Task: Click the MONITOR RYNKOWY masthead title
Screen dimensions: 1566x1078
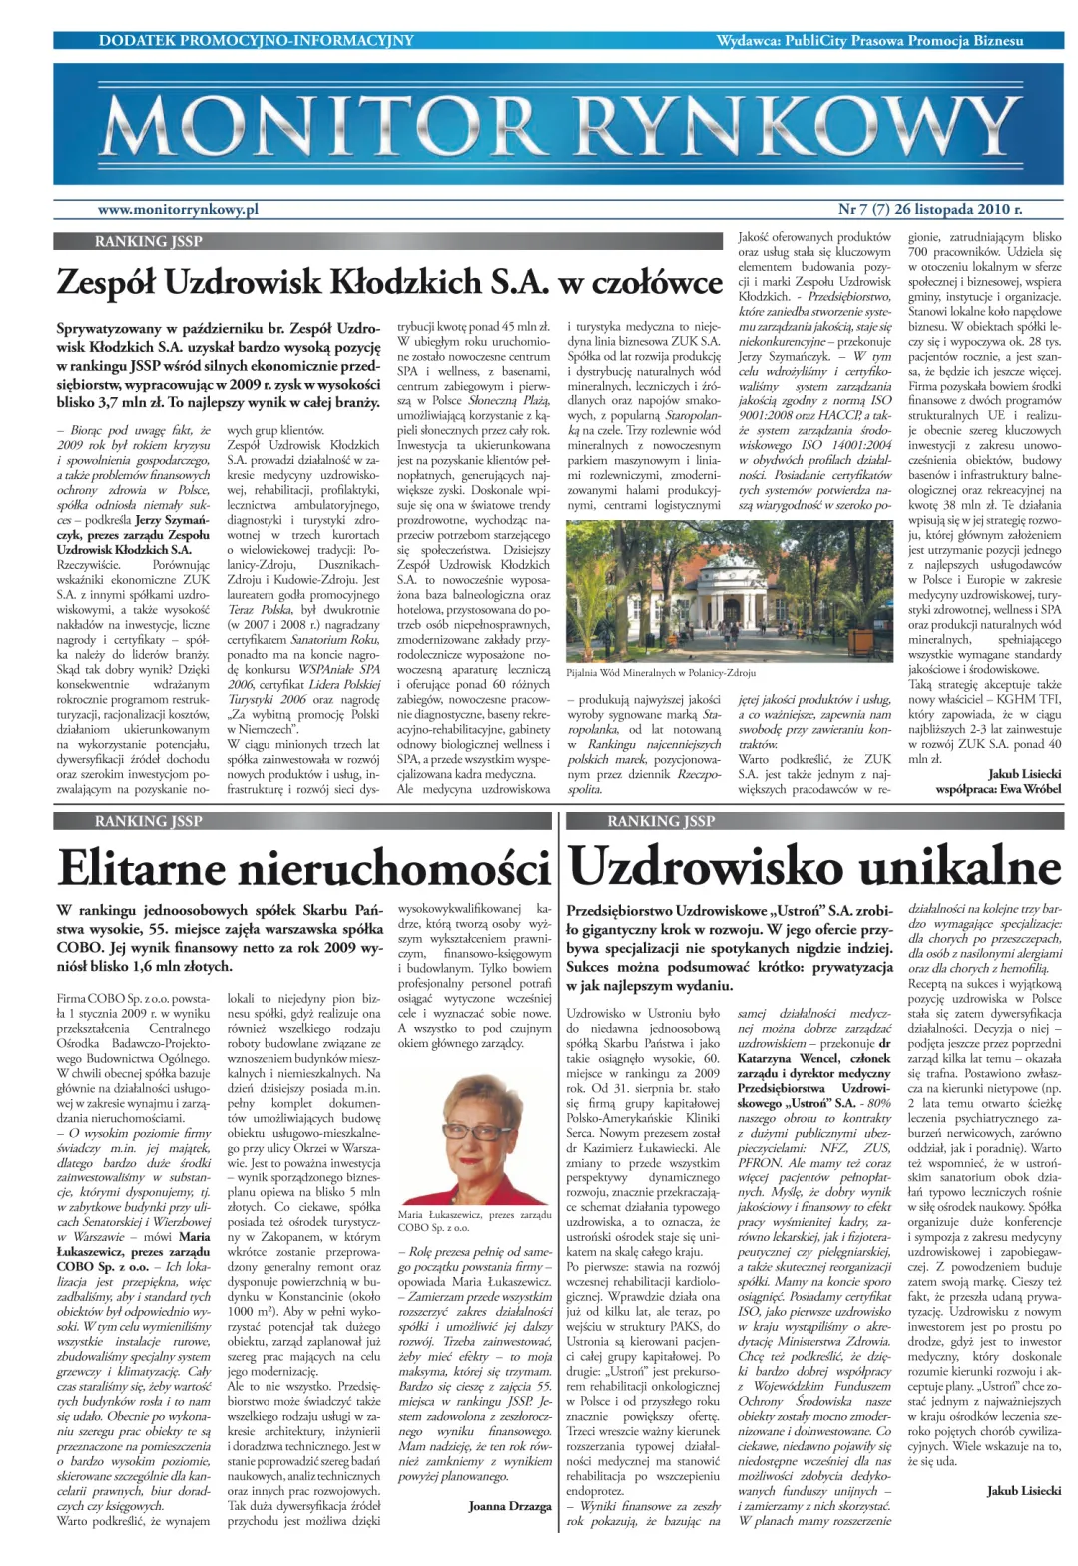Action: click(559, 128)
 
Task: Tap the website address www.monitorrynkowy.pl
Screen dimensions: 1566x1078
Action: click(178, 209)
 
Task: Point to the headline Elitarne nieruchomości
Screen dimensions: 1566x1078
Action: click(303, 867)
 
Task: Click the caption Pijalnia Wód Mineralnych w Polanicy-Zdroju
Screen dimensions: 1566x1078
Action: click(661, 673)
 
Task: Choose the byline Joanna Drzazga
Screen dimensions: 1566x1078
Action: click(509, 1505)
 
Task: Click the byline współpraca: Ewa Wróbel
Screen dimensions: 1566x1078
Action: click(998, 789)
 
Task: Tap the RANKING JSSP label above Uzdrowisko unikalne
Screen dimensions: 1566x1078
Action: click(661, 821)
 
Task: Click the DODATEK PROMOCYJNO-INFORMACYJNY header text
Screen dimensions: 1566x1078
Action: click(257, 40)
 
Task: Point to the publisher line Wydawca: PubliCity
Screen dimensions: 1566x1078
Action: click(869, 40)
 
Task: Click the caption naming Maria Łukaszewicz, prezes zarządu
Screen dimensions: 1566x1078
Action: click(474, 1220)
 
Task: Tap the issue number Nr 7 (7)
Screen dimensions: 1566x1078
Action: click(863, 209)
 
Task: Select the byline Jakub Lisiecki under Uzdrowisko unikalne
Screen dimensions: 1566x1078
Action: click(1024, 1490)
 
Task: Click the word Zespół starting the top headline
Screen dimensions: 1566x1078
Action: click(106, 283)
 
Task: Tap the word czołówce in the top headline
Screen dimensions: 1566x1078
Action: click(657, 283)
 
